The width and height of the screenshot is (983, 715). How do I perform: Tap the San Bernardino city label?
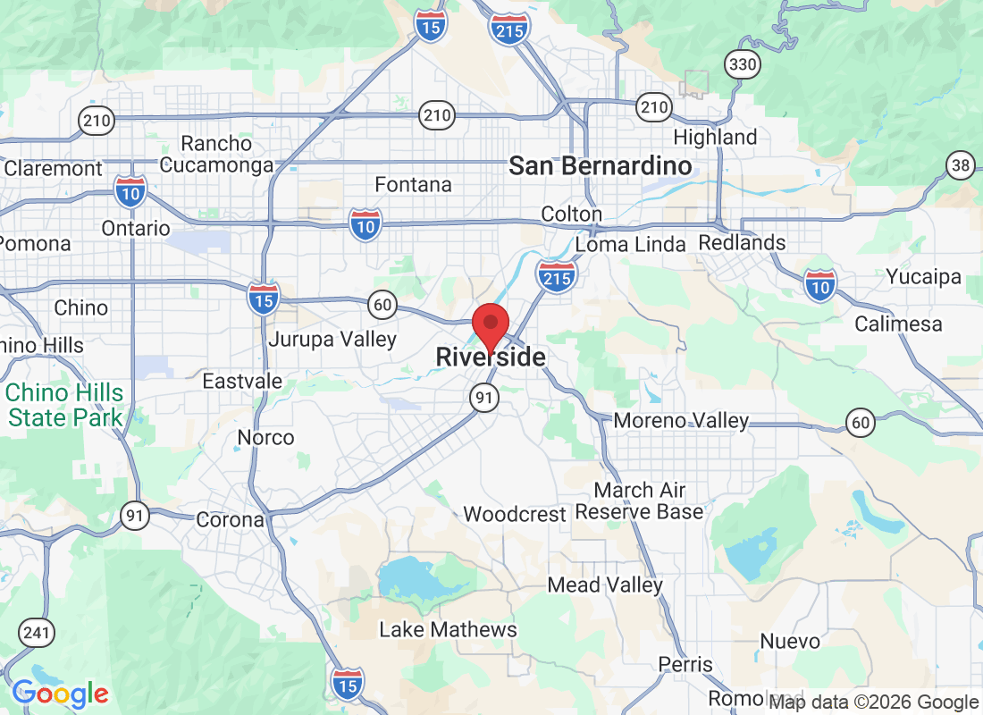600,165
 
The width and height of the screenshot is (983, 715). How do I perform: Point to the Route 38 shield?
961,164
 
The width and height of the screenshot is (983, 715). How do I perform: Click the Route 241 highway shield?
37,634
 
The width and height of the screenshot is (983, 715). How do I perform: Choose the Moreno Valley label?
681,420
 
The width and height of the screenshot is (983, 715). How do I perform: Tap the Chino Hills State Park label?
64,405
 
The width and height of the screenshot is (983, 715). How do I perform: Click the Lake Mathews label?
448,629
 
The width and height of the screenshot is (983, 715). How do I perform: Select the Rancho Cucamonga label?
216,154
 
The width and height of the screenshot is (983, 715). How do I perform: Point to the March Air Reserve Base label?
639,500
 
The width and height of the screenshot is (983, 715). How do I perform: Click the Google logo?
60,693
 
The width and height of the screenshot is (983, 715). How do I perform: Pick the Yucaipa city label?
923,277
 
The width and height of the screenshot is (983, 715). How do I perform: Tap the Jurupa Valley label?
332,340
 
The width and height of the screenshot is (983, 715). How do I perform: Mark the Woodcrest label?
515,515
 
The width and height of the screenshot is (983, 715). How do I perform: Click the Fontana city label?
413,185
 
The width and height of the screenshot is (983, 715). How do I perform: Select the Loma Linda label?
630,245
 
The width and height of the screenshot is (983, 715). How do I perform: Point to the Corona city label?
231,519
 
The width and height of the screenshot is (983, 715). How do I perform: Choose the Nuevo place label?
790,641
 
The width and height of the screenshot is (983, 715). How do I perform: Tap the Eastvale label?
242,382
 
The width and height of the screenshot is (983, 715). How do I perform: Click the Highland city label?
715,138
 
